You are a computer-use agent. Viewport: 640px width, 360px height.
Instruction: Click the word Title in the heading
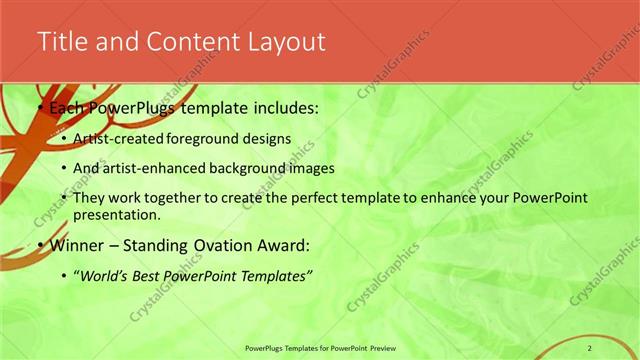pyautogui.click(x=59, y=42)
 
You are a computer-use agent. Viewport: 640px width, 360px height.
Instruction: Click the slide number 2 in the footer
pyautogui.click(x=590, y=347)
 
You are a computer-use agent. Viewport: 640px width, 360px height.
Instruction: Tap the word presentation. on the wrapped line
pyautogui.click(x=116, y=215)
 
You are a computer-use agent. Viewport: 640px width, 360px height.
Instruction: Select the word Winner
pyautogui.click(x=74, y=245)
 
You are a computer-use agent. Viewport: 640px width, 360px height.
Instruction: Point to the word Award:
pyautogui.click(x=282, y=245)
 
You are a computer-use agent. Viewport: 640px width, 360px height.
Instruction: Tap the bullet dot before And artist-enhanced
pyautogui.click(x=64, y=169)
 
